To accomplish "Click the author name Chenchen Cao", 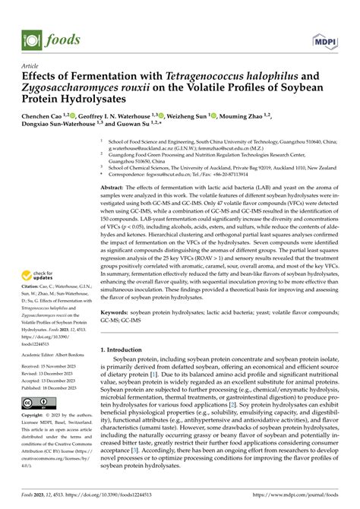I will tap(52, 117).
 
